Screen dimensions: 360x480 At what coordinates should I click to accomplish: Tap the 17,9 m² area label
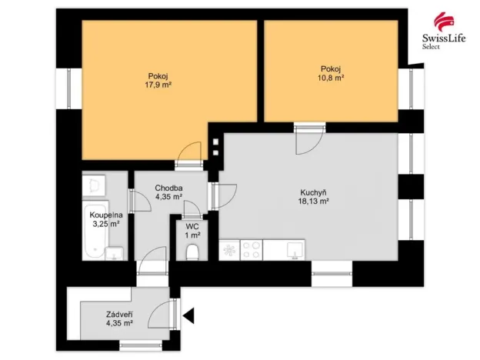coord(160,85)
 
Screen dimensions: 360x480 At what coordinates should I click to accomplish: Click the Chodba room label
coord(168,188)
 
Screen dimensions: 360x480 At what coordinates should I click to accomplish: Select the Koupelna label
coord(103,215)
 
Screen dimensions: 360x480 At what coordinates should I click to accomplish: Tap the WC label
coord(192,226)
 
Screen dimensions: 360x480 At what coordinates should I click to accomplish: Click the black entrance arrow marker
coord(188,315)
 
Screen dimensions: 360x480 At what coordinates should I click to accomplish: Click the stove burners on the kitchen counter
coord(252,249)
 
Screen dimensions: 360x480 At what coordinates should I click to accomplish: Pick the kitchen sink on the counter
coord(295,249)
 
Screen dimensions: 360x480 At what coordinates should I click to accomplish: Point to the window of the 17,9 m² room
coord(69,88)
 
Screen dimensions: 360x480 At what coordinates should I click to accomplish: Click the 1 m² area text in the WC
coord(192,235)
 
